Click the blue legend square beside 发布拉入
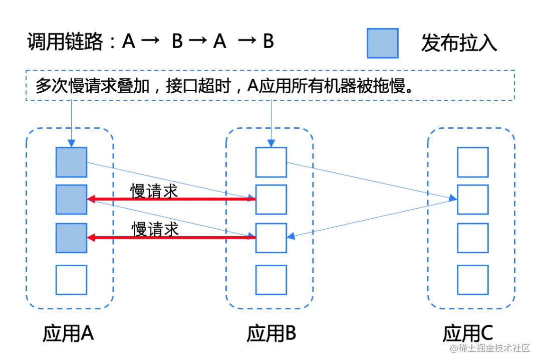382,43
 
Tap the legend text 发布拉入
459,44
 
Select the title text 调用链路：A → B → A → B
151,42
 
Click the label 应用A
69,333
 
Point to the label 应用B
271,333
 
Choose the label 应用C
468,333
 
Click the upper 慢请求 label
154,191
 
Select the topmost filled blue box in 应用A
71,162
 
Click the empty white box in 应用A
71,280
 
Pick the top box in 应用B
271,162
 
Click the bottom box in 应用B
271,280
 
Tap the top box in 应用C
472,162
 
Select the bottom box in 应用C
472,280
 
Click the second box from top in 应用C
472,200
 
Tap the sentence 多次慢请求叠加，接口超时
135,86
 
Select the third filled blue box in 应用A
71,237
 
